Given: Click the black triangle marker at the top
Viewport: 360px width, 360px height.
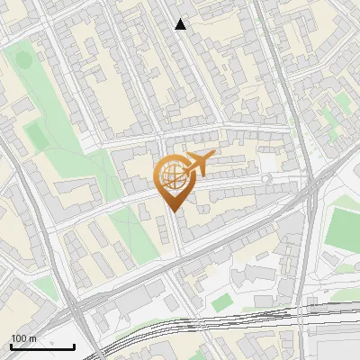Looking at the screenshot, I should (x=181, y=24).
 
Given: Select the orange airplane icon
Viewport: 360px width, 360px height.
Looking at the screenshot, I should (x=200, y=163).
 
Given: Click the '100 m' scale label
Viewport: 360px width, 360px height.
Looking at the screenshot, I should (x=23, y=337).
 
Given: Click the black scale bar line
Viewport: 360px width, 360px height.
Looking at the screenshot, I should (x=42, y=346).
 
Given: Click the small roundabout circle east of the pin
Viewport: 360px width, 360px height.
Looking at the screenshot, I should (x=265, y=180).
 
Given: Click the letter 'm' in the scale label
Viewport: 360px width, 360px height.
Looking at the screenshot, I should (x=31, y=337).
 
